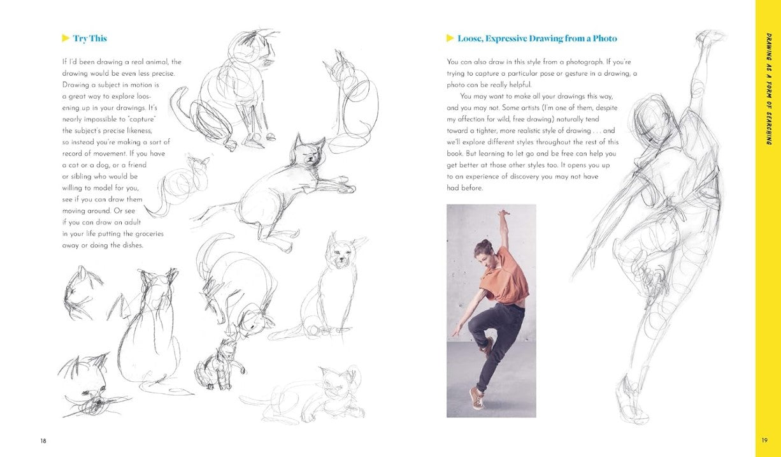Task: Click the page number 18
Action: point(43,440)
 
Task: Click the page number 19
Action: point(764,440)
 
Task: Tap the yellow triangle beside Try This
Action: point(66,38)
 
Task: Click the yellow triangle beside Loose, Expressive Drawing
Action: point(450,38)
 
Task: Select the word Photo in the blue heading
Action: point(605,38)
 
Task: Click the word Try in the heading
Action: point(80,39)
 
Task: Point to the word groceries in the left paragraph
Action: point(149,234)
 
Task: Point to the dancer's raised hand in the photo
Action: point(503,212)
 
